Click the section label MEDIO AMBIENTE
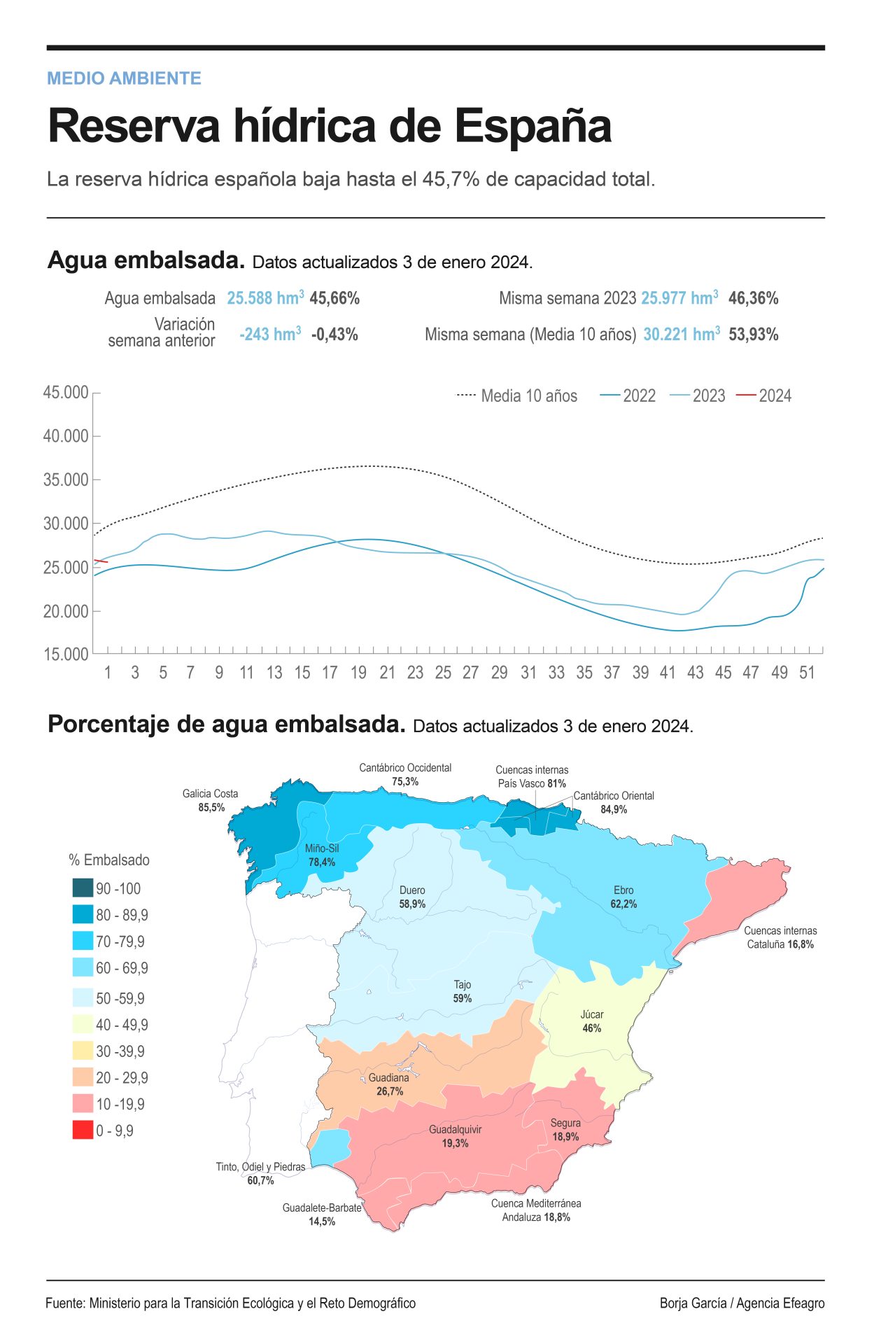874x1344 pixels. pos(124,78)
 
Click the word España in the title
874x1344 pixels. pos(533,127)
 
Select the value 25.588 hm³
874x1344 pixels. pos(265,297)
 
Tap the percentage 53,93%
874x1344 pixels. pos(753,334)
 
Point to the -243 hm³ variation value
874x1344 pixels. pos(270,334)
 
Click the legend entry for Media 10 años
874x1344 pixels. pos(517,395)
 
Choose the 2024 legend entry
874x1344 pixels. pos(763,395)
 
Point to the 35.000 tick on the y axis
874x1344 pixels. pos(66,479)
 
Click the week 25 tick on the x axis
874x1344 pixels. pos(443,673)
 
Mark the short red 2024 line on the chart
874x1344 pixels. pos(100,561)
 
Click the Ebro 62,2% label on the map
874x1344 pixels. pos(623,897)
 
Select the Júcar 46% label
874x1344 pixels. pos(592,1021)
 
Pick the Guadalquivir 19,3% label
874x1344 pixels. pos(455,1136)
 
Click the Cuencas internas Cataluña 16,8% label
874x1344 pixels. pos(780,937)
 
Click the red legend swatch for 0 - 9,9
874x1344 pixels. pos(83,1130)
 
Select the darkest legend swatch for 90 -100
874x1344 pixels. pos(83,888)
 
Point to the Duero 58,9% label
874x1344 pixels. pos(412,897)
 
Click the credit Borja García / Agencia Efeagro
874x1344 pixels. pos(742,1303)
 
